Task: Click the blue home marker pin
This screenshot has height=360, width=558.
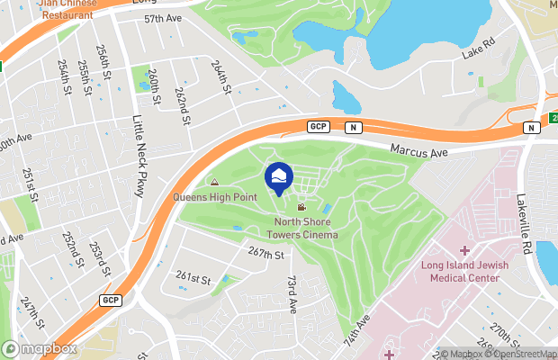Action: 279,177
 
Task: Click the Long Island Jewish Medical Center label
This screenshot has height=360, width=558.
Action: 464,271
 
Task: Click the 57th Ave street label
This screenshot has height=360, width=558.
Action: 162,18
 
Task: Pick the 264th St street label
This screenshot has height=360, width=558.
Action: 221,77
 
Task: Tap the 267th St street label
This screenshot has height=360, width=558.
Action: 266,255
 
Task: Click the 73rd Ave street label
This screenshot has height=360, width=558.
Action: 292,294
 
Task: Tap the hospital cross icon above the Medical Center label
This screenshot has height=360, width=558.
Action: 464,249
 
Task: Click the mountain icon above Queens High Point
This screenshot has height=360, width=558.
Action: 214,184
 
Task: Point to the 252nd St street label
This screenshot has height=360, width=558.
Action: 69,248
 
